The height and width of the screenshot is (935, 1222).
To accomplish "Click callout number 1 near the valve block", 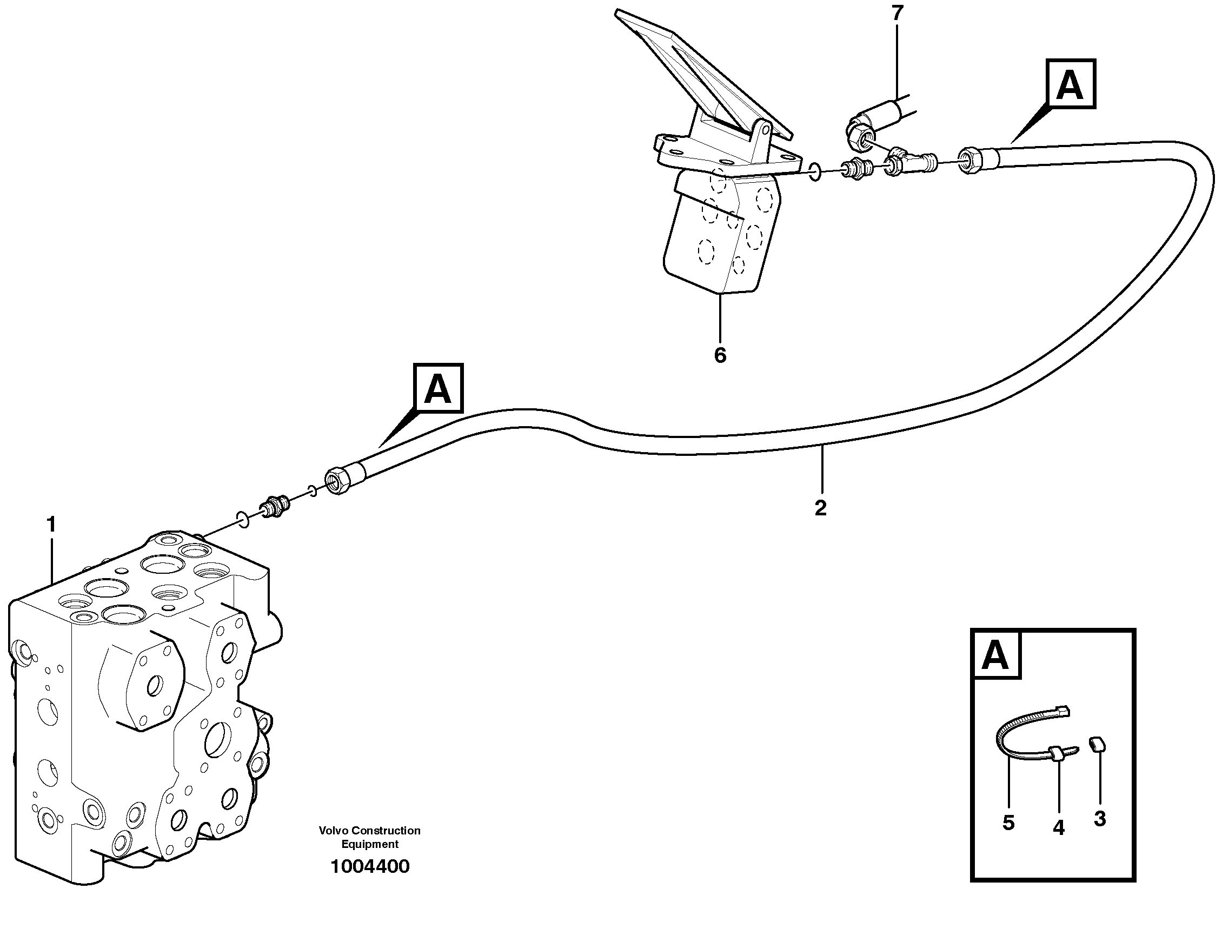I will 51,523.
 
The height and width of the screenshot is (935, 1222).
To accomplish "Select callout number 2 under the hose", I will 820,508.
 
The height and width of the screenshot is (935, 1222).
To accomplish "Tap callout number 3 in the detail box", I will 1100,819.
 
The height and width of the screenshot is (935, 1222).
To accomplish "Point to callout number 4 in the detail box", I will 1058,827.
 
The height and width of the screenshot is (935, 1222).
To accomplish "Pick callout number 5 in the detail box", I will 1008,823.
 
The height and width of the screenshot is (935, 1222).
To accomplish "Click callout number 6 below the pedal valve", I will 720,355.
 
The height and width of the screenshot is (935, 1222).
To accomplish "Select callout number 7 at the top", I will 897,14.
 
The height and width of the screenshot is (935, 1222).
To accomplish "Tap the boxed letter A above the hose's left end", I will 438,388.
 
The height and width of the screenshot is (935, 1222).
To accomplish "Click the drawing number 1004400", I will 369,866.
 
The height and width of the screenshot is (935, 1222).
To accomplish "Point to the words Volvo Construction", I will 369,831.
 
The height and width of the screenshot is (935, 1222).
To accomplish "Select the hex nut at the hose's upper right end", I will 971,160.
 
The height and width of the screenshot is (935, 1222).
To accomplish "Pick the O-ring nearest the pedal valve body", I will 815,173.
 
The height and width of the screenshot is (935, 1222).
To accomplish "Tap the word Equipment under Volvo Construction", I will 369,844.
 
